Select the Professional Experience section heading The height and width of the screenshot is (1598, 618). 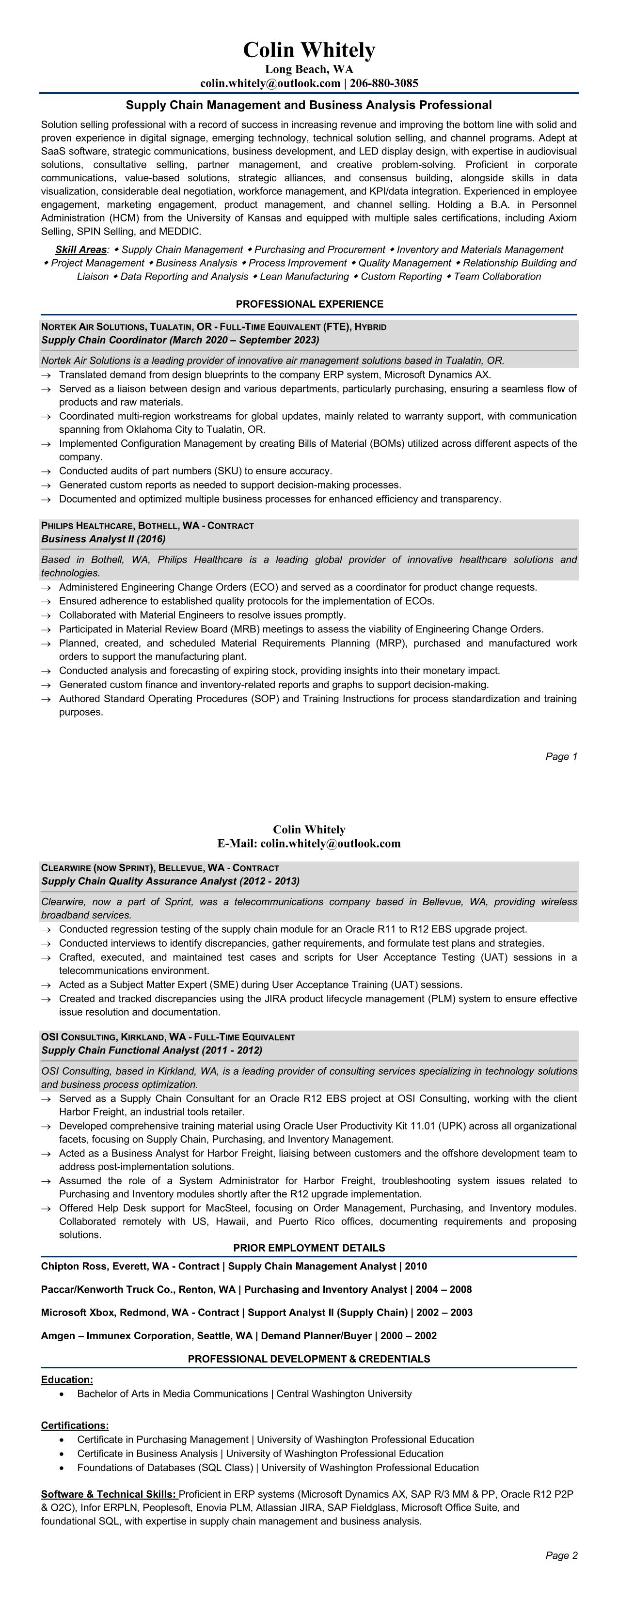tap(309, 304)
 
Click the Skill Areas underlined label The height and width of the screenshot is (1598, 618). tap(80, 250)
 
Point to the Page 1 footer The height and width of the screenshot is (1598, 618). tap(561, 756)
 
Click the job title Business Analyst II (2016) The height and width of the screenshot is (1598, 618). tap(103, 539)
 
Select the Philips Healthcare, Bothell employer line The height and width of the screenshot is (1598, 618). tap(147, 526)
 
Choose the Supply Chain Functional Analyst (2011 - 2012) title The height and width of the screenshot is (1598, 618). tap(151, 1050)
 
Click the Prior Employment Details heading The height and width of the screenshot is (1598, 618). tap(309, 1248)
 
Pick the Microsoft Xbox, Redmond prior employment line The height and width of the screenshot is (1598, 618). tap(256, 1313)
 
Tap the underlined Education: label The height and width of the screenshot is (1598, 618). tap(67, 1379)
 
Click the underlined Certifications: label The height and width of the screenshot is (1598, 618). tap(75, 1426)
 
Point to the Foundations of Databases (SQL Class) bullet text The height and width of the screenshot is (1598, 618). tap(277, 1468)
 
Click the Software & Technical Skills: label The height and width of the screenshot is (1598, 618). tap(109, 1494)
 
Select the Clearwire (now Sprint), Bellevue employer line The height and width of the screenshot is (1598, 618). tap(159, 868)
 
